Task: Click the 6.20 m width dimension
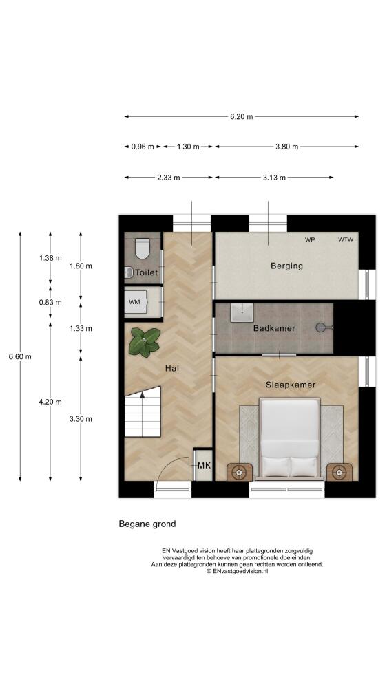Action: [x=241, y=117]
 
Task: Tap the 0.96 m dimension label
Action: [x=143, y=147]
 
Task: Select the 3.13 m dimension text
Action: [x=274, y=178]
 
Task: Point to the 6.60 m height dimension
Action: [x=20, y=356]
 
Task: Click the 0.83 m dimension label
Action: [x=50, y=302]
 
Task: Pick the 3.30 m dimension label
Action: [x=81, y=419]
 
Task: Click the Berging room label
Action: [x=286, y=266]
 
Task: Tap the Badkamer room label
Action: [x=274, y=328]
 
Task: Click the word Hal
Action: [x=171, y=369]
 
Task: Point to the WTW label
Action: [x=345, y=239]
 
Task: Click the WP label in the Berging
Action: [x=310, y=239]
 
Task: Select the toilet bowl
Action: [x=143, y=248]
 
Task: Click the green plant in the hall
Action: [x=144, y=341]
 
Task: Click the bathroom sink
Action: [x=242, y=312]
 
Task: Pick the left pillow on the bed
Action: [x=276, y=467]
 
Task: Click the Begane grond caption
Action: [x=147, y=524]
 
